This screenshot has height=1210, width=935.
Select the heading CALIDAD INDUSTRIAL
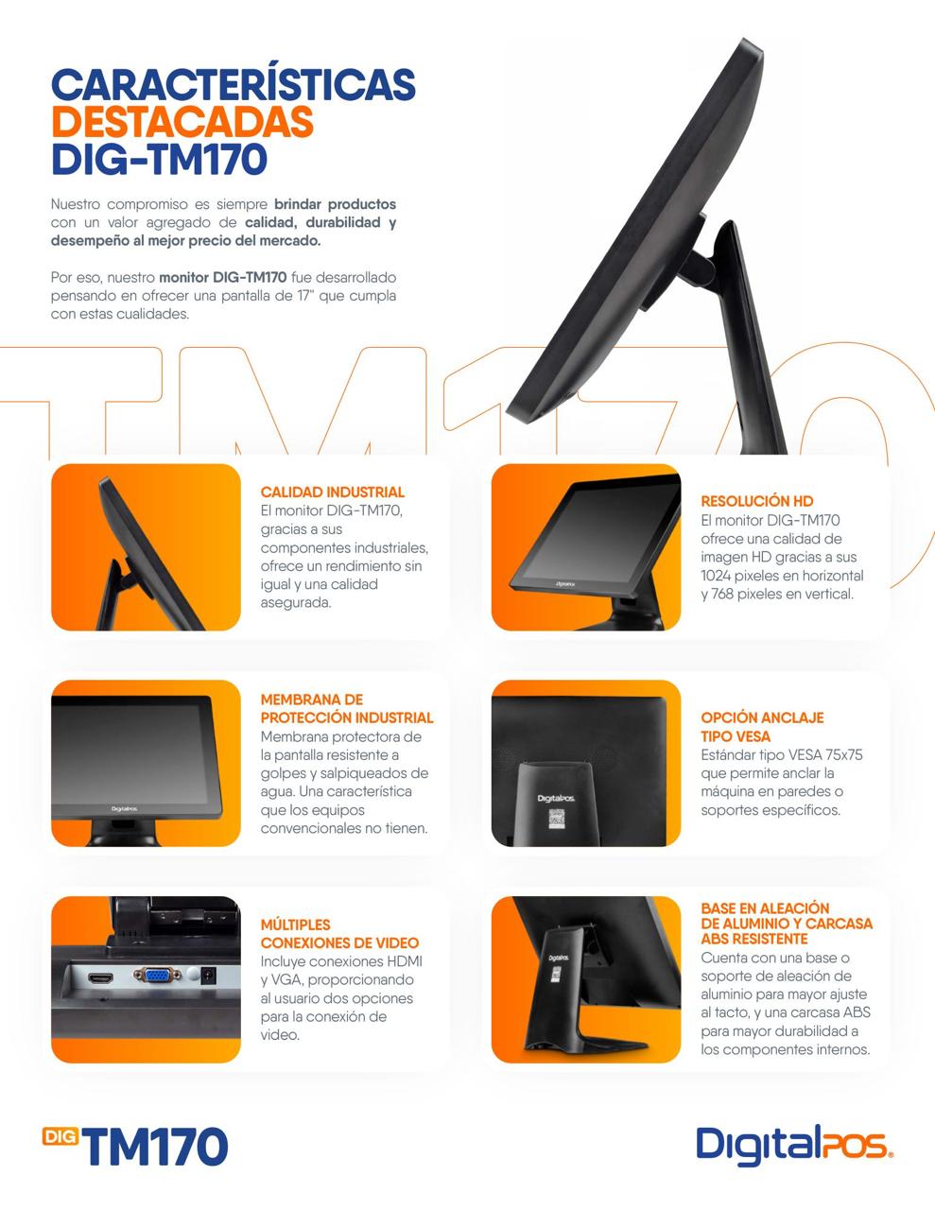point(333,493)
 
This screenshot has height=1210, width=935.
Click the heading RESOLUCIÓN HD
point(757,501)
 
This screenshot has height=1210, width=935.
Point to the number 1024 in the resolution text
point(715,575)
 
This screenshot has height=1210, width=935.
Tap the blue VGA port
point(157,975)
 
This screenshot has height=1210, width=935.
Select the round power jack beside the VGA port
point(208,975)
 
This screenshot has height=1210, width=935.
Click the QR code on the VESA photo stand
point(556,819)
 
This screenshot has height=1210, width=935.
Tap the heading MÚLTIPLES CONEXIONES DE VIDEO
point(339,934)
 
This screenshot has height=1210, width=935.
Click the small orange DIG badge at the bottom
point(61,1136)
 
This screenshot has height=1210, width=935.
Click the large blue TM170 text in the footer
point(155,1147)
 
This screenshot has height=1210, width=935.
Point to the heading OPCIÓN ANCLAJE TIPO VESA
point(762,727)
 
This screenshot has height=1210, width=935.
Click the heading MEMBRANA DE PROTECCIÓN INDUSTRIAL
point(346,708)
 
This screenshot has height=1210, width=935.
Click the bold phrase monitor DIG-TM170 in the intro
point(223,277)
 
